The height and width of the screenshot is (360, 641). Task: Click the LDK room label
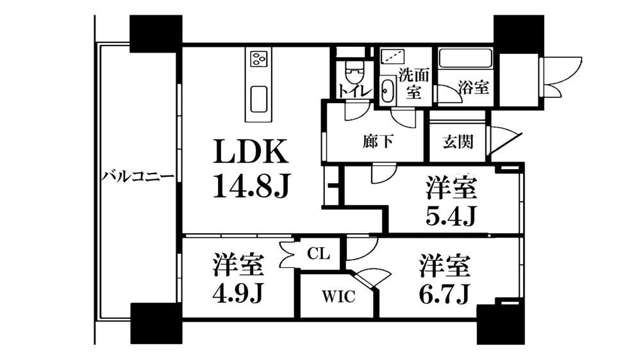pos(250,152)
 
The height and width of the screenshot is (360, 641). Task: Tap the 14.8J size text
pos(251,185)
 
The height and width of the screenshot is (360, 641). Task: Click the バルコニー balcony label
pos(138,177)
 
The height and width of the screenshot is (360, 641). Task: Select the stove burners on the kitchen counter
pos(258,58)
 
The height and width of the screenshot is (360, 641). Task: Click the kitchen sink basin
pos(259,99)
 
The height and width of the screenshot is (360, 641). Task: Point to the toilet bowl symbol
pos(353,73)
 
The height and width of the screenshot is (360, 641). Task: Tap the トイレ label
pos(354,91)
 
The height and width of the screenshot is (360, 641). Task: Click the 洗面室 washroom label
pos(413,83)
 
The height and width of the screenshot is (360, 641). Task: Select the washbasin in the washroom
pos(387,90)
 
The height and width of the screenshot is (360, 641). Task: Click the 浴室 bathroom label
pos(474,86)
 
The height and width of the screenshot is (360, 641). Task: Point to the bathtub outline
pos(465,59)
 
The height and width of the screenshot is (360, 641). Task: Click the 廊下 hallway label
pos(378,142)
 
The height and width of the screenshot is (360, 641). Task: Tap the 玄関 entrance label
pos(458,142)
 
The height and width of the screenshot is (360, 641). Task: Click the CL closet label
pos(318,254)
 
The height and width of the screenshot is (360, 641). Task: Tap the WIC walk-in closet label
pos(338,297)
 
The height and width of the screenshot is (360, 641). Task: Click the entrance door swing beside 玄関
pos(505,142)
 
